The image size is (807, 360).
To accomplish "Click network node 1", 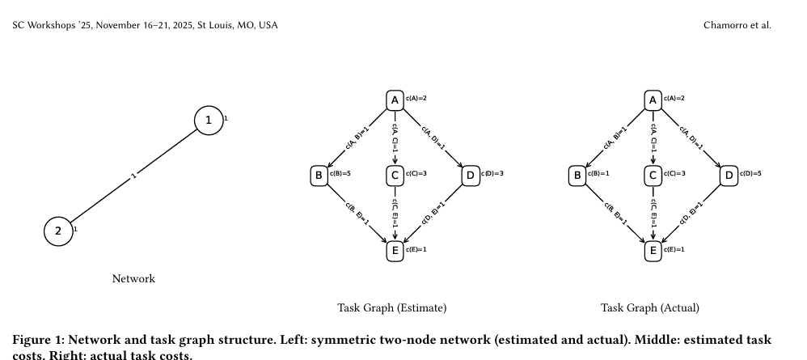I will coord(209,121).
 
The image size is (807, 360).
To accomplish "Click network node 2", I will coord(57,231).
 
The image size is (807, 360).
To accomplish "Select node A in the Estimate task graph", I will coord(395,100).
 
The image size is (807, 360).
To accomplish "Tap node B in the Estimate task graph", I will coord(319,175).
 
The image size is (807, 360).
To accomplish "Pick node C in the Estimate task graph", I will coord(395,175).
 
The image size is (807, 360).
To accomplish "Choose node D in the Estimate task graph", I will coord(471,175).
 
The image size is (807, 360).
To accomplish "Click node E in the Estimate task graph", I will coord(395,251).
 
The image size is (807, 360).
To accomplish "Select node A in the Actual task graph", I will coord(653,100).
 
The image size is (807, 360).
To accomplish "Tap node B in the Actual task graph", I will coord(577,175).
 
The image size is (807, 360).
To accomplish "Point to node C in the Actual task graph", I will coord(653,175).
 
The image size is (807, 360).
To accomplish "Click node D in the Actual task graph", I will coord(729,175).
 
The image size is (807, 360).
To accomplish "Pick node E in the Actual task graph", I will coord(653,251).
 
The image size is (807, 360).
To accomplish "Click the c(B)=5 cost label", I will coord(340,174).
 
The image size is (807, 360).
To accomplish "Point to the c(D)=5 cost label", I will coord(750,174).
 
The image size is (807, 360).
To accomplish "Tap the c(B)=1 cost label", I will coord(598,174).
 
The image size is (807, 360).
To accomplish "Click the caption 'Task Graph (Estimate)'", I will coord(391,308).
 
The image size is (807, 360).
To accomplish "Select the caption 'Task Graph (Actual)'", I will coord(650,308).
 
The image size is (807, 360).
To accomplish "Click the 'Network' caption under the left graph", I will coord(133,279).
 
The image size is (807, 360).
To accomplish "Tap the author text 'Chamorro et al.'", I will coord(737,25).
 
